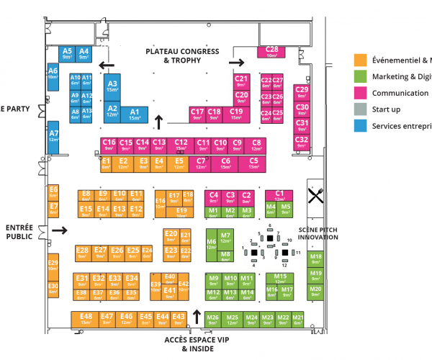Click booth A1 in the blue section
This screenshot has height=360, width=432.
click(134, 114)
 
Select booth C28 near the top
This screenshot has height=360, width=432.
click(272, 51)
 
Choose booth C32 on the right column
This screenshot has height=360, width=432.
click(302, 141)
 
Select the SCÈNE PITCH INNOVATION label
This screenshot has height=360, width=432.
click(318, 233)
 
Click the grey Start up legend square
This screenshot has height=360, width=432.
click(359, 109)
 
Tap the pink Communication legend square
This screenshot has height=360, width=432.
click(359, 93)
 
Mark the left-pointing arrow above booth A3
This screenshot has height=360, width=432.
click(107, 66)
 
